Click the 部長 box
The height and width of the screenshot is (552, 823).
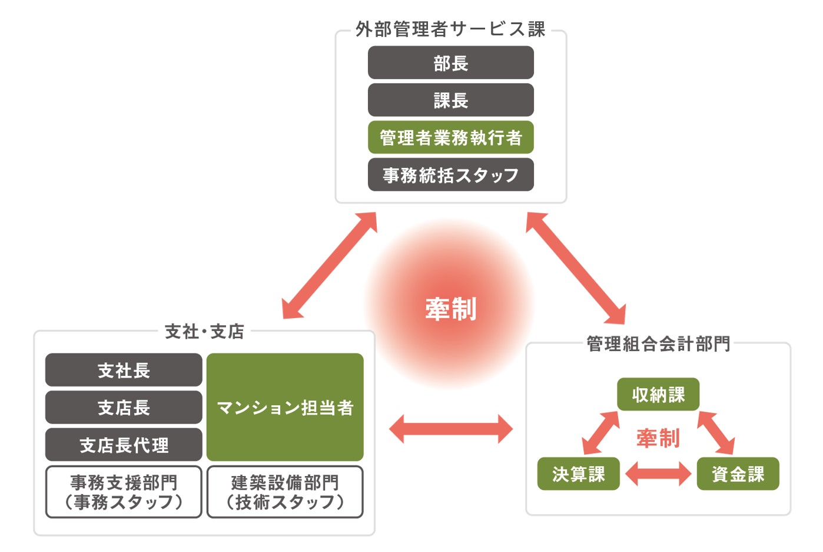450,62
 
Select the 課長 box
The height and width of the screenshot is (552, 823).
450,100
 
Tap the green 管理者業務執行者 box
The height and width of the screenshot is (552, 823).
450,137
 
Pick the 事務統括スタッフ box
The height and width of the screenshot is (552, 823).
450,174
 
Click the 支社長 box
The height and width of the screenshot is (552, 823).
124,370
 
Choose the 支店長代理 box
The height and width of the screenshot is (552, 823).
124,445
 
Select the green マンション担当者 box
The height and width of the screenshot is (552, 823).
285,407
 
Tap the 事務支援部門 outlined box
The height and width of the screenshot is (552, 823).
124,492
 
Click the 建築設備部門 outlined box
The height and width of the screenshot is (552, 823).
285,492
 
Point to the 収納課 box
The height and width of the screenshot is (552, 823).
658,394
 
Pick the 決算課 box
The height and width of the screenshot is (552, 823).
578,474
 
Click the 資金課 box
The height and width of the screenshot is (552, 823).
738,474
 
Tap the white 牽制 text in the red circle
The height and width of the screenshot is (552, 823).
450,309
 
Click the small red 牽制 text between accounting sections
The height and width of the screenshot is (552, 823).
658,438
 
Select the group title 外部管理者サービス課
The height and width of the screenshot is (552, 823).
450,29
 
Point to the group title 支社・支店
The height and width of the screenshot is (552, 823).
204,332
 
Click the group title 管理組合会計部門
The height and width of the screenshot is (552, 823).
658,343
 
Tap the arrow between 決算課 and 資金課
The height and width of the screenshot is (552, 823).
658,474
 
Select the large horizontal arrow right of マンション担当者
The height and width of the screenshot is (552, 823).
450,429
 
